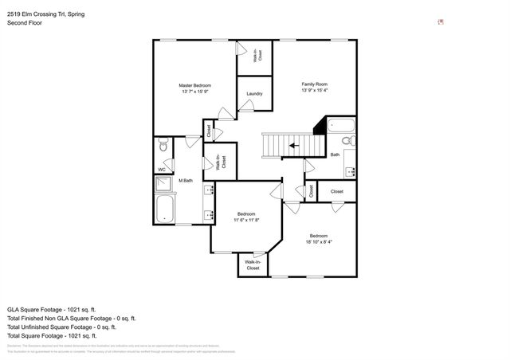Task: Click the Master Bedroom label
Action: (194, 84)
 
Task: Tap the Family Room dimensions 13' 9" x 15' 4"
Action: (314, 91)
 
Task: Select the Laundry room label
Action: (254, 93)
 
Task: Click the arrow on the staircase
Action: (294, 146)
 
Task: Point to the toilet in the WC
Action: (163, 145)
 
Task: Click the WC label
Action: (161, 170)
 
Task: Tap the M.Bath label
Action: (187, 180)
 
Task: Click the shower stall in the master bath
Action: (163, 183)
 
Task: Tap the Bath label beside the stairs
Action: (335, 155)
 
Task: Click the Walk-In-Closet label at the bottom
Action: (253, 265)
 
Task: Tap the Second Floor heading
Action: (25, 23)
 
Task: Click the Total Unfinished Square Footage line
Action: (61, 327)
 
